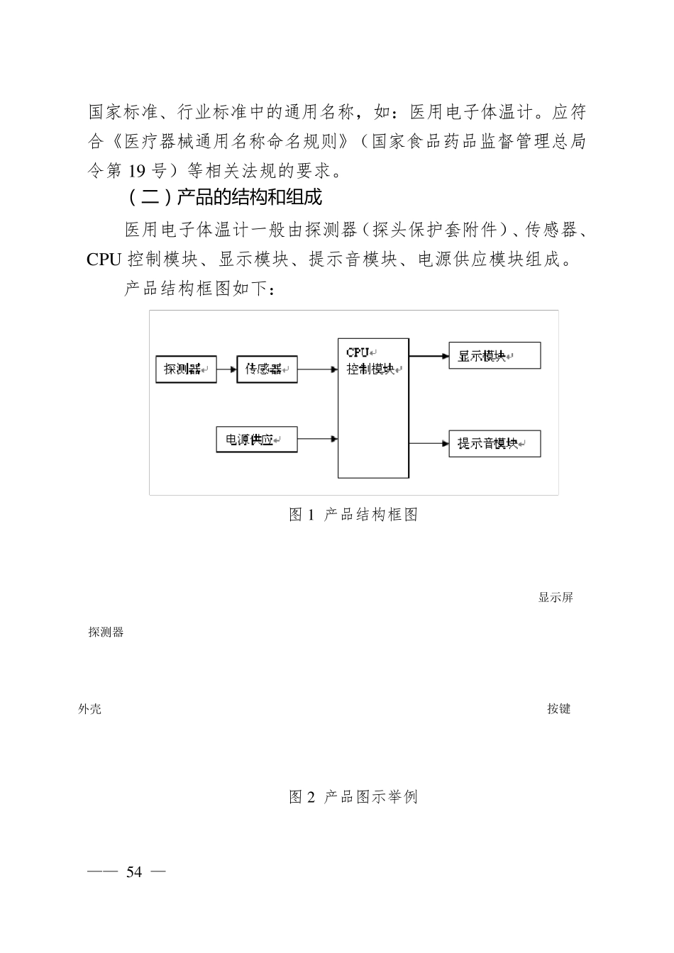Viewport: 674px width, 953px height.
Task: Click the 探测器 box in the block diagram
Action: click(186, 369)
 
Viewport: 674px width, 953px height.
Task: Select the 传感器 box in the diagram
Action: click(267, 369)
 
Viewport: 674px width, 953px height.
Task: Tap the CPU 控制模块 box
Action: click(373, 408)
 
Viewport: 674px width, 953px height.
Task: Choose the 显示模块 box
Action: click(495, 356)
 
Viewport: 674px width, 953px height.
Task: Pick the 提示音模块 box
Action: click(495, 444)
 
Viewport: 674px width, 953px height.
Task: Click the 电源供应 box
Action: click(256, 440)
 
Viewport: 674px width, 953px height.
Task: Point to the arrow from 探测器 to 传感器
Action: click(226, 369)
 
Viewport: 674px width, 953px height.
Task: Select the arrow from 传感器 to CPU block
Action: click(317, 369)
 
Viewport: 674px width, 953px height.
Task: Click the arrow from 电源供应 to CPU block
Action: click(317, 439)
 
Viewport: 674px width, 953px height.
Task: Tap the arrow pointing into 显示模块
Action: click(429, 356)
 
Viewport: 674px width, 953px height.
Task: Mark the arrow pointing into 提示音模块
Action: click(429, 444)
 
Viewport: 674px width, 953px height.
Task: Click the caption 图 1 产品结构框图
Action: click(353, 515)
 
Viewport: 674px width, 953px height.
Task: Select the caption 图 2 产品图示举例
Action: click(353, 797)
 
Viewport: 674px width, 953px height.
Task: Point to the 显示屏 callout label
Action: click(556, 598)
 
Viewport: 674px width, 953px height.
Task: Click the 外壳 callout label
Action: click(90, 709)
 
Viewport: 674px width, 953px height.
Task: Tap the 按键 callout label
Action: click(559, 709)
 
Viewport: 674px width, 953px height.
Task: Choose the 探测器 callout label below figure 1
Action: click(106, 632)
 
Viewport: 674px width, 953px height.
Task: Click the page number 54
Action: click(134, 873)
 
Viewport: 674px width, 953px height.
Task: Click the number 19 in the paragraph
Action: click(137, 171)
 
